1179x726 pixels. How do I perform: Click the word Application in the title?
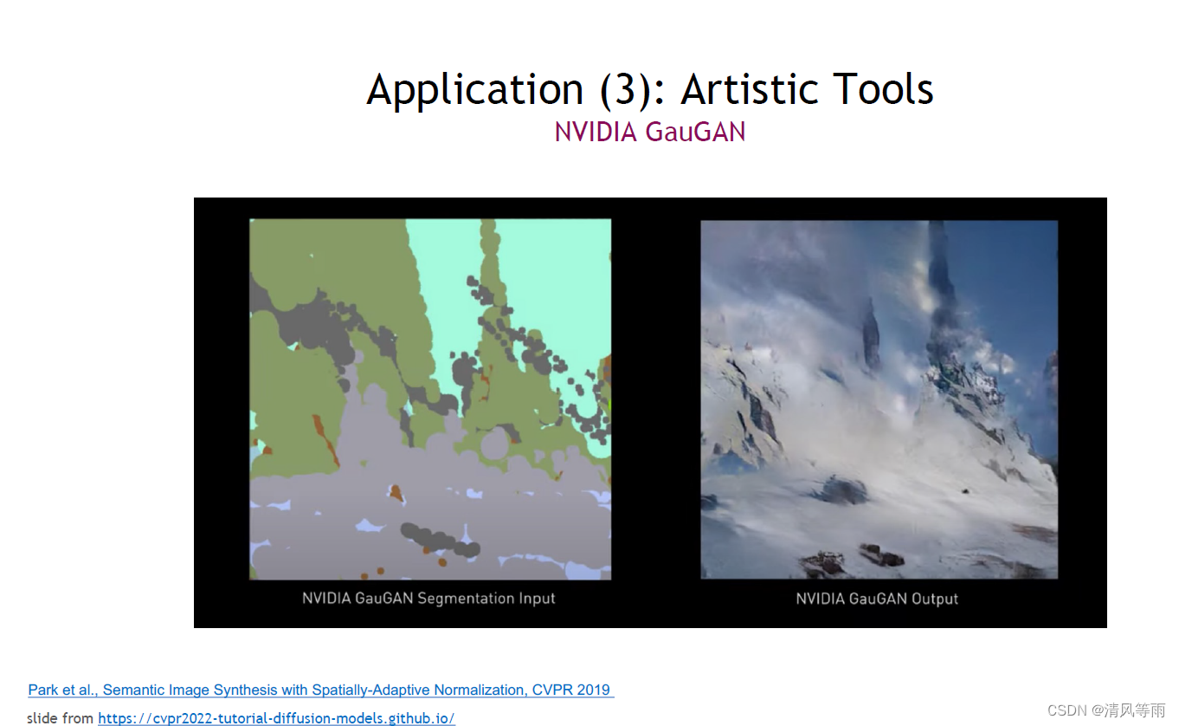(x=475, y=89)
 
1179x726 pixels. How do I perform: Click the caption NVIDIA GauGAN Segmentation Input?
(x=428, y=599)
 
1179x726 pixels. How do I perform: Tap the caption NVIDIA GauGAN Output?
(x=877, y=599)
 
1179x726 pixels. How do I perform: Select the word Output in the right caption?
(x=935, y=599)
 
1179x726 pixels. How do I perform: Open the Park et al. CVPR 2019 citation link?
(x=320, y=690)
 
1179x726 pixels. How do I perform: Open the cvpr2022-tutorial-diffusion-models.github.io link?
(x=276, y=718)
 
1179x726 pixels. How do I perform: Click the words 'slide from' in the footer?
(x=60, y=718)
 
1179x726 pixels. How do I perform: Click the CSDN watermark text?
(x=1106, y=710)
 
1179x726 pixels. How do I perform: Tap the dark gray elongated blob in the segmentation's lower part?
(x=440, y=540)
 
